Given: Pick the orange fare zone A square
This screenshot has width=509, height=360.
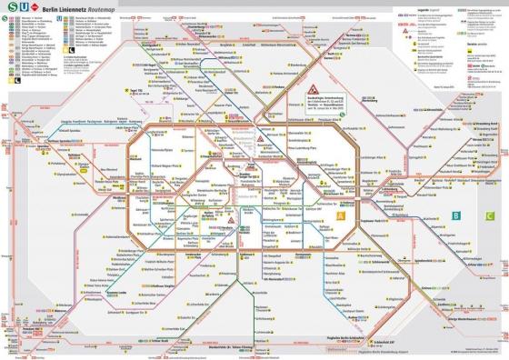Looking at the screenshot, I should click(x=340, y=215).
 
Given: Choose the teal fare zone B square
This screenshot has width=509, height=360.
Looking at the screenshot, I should click(x=455, y=215).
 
